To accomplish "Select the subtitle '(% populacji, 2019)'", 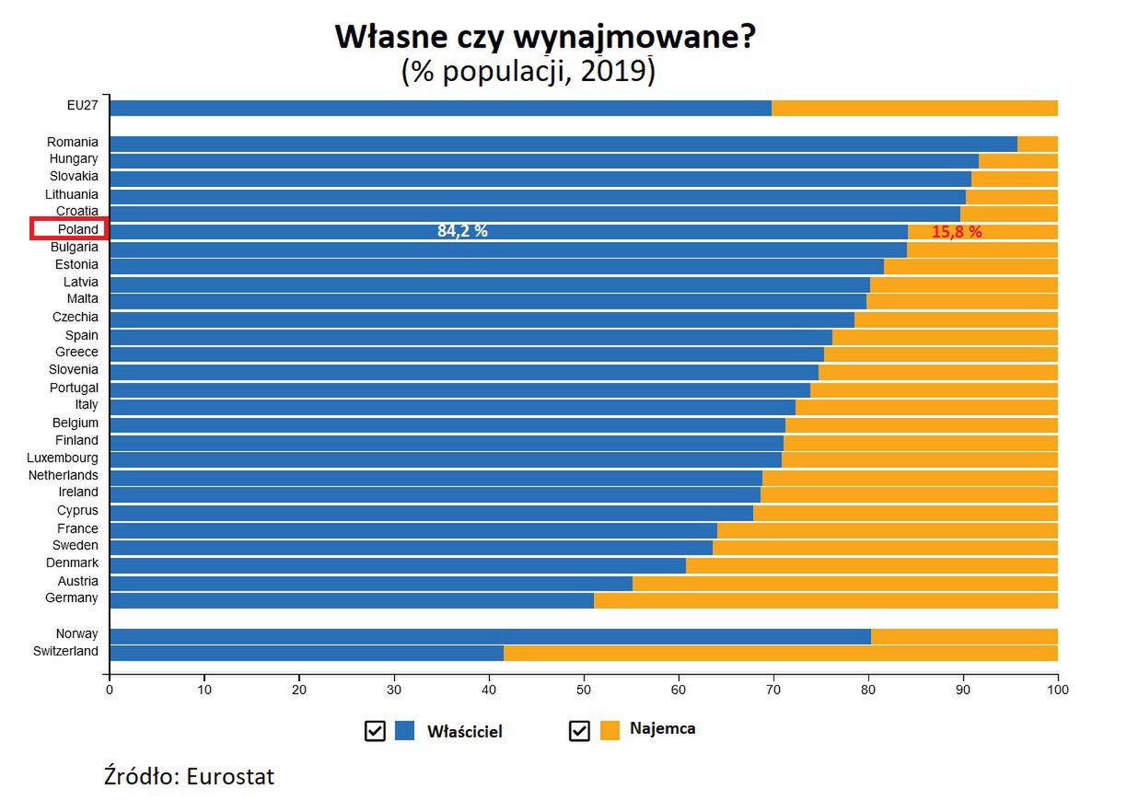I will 528,71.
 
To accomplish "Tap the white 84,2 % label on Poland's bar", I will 462,231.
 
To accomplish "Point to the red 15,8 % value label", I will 957,232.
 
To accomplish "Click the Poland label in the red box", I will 77,229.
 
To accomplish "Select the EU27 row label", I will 82,106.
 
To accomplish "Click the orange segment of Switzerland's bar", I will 780,653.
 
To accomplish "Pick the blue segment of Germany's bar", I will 351,600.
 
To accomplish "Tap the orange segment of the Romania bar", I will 1037,144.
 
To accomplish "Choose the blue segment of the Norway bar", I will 489,636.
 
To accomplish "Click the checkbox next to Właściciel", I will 375,731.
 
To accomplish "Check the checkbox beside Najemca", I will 579,731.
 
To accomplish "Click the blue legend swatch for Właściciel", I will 404,731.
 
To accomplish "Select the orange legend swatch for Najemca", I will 609,730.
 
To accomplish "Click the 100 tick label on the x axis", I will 1058,689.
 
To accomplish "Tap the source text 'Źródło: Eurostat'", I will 189,776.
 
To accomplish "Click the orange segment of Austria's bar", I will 844,583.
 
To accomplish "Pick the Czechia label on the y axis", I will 75,317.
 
